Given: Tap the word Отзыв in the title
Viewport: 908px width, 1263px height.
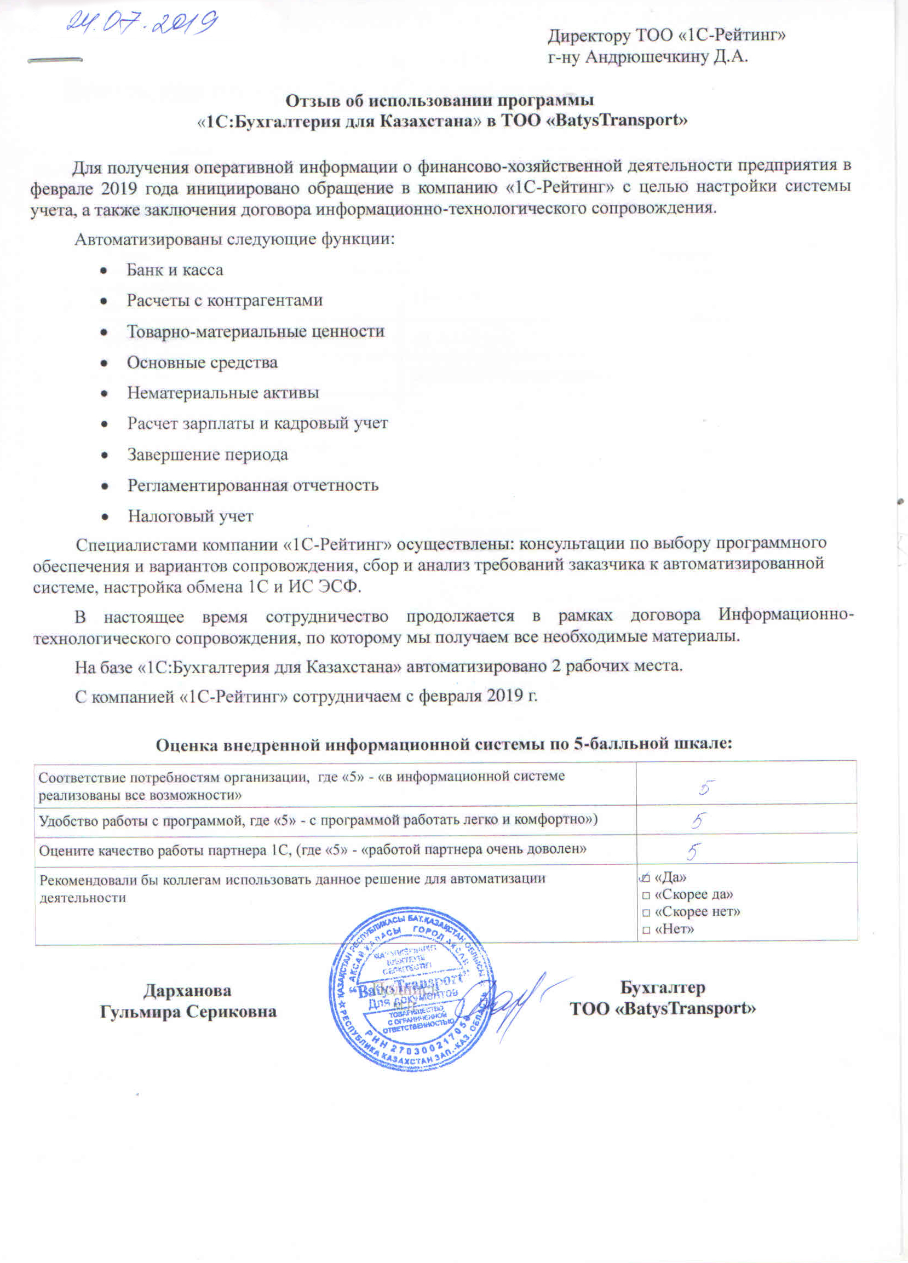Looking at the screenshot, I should (x=311, y=100).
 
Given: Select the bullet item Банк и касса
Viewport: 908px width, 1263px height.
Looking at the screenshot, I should (x=174, y=270).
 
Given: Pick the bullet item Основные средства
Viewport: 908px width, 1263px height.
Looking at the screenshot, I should (x=202, y=363).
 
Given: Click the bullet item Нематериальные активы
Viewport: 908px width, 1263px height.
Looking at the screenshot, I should (x=223, y=393).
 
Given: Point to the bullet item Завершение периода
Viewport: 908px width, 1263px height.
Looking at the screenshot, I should (x=207, y=455).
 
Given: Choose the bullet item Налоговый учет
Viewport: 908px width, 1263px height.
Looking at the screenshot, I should (x=191, y=516).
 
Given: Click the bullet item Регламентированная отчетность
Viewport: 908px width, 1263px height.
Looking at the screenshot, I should (x=253, y=486).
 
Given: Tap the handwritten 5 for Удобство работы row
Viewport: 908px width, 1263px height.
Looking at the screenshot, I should (x=699, y=821).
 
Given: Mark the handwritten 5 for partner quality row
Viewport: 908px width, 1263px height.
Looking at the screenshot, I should (x=693, y=852).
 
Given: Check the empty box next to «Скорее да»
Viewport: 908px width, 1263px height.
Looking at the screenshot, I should (x=646, y=896).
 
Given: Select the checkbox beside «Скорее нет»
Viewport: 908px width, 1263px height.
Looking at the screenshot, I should (x=646, y=913).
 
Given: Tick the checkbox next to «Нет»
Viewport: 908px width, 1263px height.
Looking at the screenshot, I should (x=646, y=931).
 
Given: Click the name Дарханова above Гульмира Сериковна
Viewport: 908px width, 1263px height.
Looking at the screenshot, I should (x=187, y=991).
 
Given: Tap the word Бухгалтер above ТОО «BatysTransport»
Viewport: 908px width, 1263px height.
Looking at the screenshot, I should (x=663, y=988).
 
